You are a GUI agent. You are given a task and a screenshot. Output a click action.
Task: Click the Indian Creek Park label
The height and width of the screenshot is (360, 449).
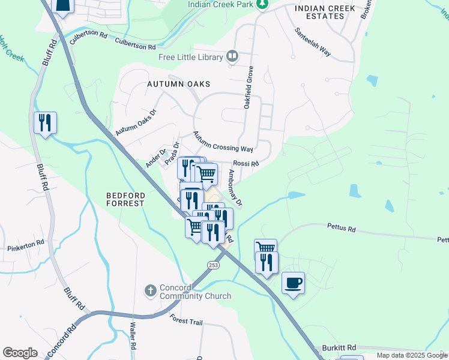[220, 4]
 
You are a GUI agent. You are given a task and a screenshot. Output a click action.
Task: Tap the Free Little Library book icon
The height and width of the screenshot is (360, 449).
[232, 57]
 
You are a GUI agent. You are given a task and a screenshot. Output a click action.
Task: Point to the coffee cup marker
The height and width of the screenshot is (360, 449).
[293, 283]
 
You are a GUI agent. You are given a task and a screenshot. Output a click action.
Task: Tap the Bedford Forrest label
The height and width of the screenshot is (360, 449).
[125, 199]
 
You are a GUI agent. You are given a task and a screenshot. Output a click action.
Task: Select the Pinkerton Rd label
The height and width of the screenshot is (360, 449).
[26, 245]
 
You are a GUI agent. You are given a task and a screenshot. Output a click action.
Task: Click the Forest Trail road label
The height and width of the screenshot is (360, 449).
[187, 322]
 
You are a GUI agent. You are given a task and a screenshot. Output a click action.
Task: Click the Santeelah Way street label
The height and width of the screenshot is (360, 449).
[312, 42]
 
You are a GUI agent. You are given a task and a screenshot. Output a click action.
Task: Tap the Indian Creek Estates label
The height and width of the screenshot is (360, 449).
[320, 12]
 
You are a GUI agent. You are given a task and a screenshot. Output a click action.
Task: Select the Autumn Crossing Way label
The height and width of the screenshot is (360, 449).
[223, 142]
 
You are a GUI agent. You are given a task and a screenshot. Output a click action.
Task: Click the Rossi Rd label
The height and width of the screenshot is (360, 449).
[246, 163]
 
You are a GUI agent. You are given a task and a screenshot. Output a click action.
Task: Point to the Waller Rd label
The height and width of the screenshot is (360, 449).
[133, 338]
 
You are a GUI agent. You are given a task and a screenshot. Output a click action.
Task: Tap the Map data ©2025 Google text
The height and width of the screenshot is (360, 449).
[412, 355]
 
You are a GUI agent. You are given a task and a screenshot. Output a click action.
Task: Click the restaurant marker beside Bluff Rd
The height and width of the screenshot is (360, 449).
[45, 123]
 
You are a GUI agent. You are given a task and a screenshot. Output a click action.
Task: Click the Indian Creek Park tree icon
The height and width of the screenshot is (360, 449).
[262, 5]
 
